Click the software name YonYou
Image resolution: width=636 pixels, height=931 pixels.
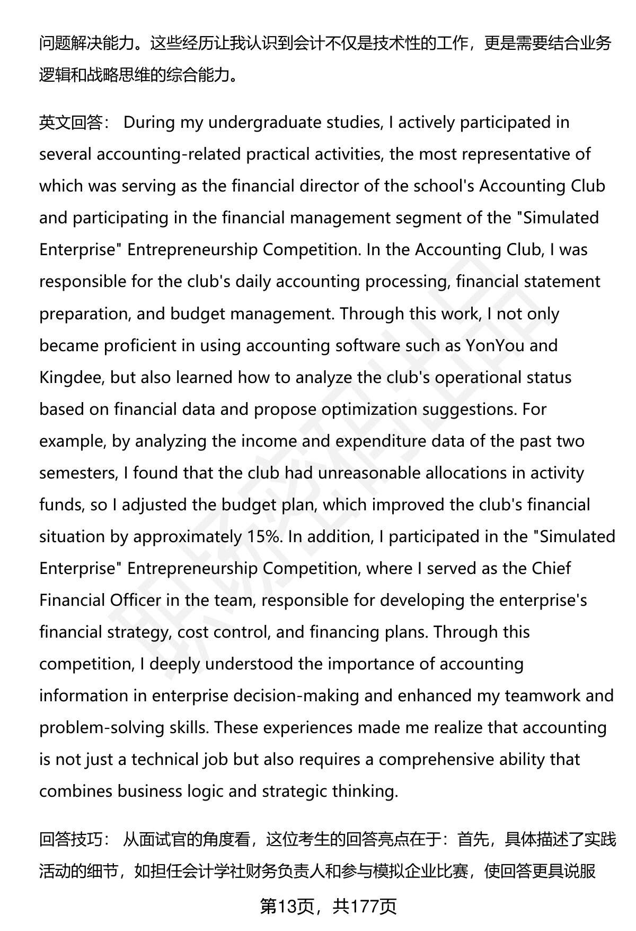coord(495,345)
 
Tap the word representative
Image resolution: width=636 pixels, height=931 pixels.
coord(510,154)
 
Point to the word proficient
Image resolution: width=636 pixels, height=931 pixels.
coord(142,345)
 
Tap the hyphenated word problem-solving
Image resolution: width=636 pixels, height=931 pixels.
coord(101,727)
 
